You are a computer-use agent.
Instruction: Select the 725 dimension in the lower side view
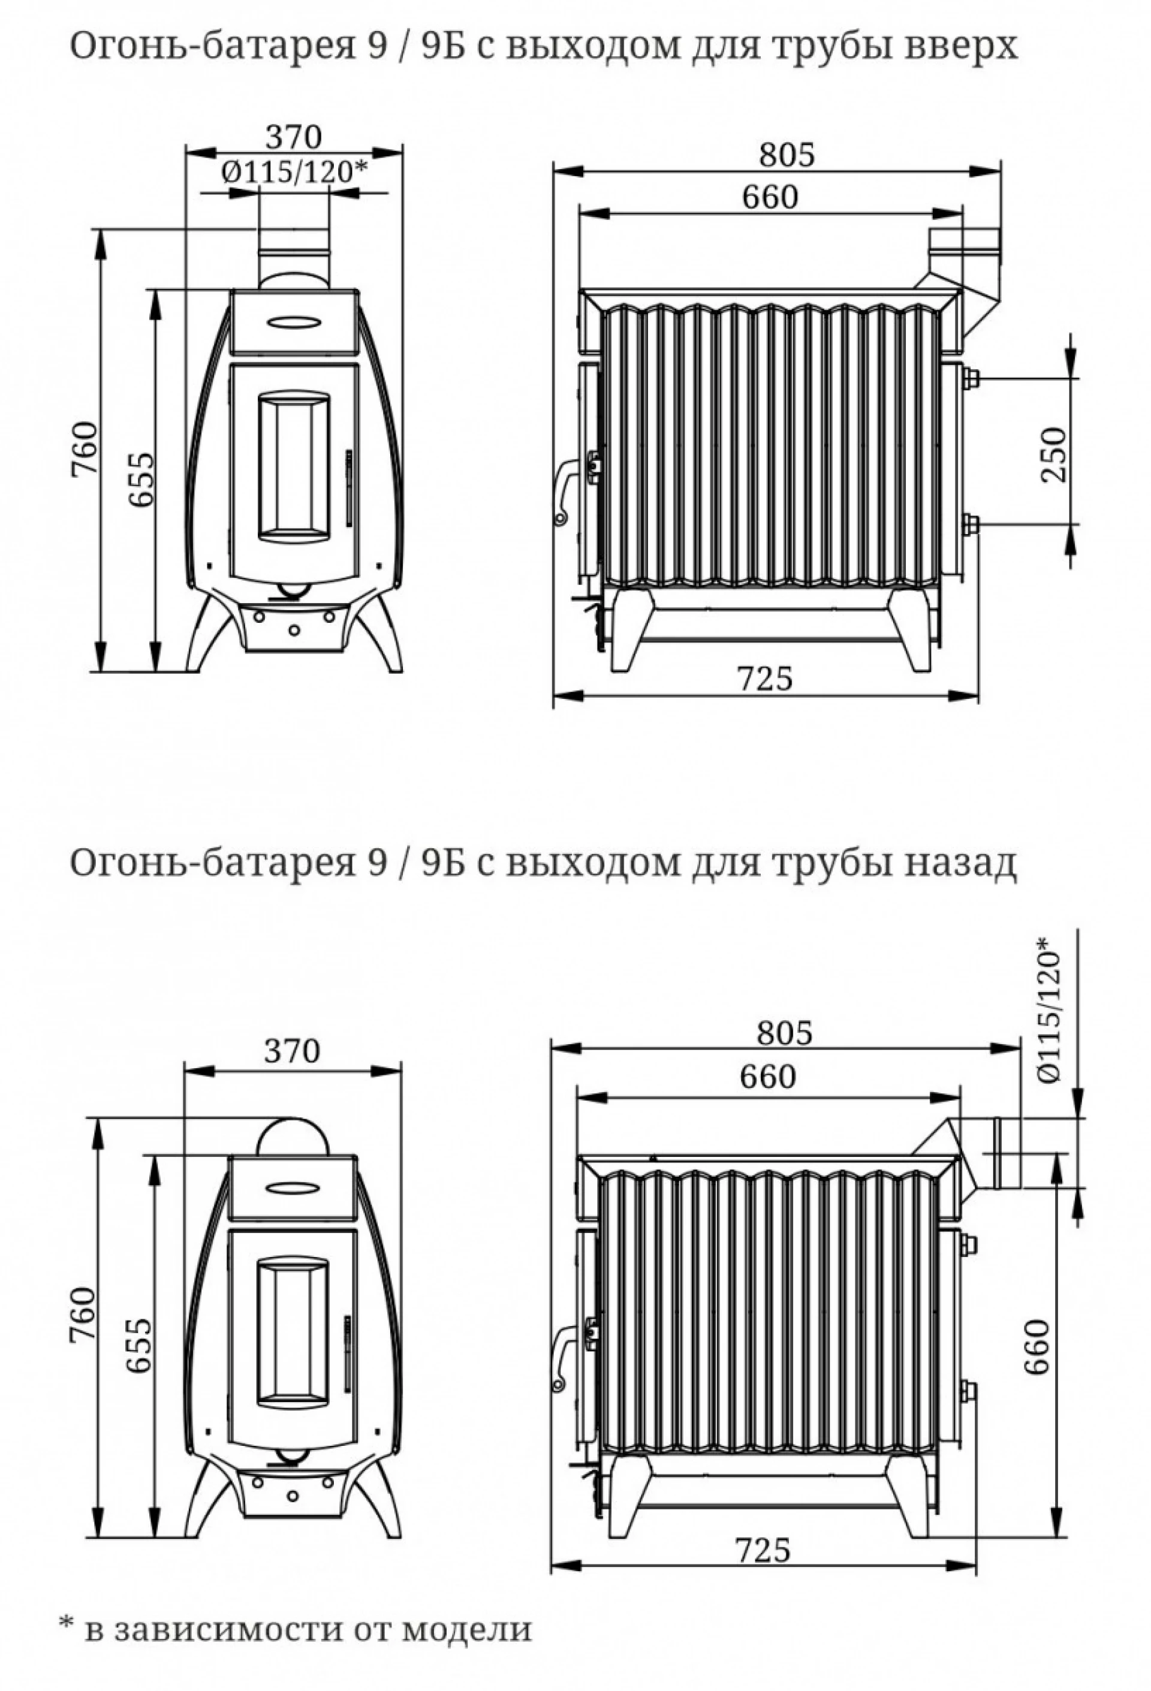[x=762, y=1550]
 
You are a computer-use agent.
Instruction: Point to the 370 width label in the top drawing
[x=293, y=136]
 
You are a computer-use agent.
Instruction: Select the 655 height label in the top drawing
[x=142, y=480]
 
